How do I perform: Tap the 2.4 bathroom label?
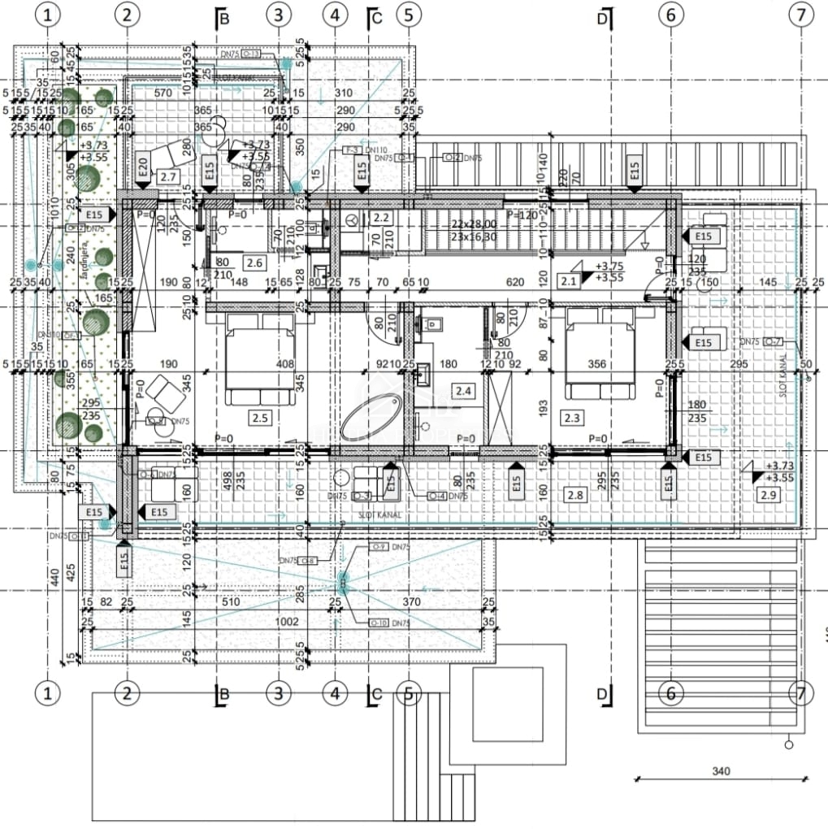click(x=464, y=391)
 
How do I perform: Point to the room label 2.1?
click(x=568, y=281)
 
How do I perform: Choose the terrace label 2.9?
click(x=767, y=494)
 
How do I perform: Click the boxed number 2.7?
click(x=168, y=176)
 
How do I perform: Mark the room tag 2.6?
click(x=254, y=263)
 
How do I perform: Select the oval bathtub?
click(x=371, y=417)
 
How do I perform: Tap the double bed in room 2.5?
click(x=260, y=358)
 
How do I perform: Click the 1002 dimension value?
click(x=288, y=622)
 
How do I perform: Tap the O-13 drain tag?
click(x=251, y=54)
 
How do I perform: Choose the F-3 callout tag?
click(x=352, y=150)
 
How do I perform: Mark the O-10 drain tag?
click(x=379, y=623)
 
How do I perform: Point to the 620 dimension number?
click(x=513, y=282)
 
